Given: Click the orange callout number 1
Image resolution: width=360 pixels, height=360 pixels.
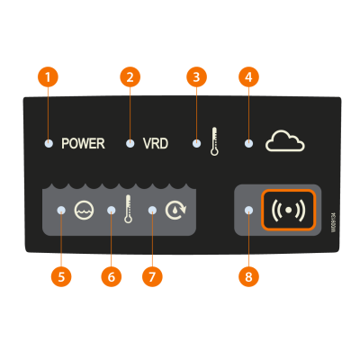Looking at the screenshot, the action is (48, 77).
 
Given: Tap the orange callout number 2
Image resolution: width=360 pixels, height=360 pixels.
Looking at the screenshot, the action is (130, 77).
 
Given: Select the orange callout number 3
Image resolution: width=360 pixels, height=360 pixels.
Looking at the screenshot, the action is (196, 77).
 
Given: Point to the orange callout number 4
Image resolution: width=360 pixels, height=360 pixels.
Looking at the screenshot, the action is (248, 77).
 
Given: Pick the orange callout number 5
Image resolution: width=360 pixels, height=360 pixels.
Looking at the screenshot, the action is (61, 276).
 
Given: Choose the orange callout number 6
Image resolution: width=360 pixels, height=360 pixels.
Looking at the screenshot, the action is (112, 276).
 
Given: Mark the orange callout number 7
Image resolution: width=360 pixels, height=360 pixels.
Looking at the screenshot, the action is (152, 276).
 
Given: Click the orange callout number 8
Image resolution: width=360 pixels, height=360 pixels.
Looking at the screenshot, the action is (248, 276).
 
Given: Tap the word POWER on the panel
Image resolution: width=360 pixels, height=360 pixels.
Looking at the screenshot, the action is (83, 144).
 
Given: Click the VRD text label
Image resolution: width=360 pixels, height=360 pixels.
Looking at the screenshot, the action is (156, 144).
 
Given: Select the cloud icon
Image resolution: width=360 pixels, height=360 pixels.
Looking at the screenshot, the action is (285, 140).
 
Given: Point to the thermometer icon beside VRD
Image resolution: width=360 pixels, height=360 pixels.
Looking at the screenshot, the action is (214, 141).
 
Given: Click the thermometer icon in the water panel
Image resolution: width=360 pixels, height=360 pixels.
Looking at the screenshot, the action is (129, 209).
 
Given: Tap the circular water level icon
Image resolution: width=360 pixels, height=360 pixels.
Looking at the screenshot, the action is (84, 210).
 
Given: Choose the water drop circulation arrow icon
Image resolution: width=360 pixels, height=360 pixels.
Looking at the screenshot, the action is (175, 210).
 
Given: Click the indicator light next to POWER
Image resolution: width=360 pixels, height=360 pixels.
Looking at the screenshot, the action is (49, 144).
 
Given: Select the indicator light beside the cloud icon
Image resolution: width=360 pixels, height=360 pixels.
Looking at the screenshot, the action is (248, 144).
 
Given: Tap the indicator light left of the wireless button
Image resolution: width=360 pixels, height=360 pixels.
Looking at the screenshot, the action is (248, 211).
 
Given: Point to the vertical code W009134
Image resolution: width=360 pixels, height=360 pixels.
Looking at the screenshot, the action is (333, 222).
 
